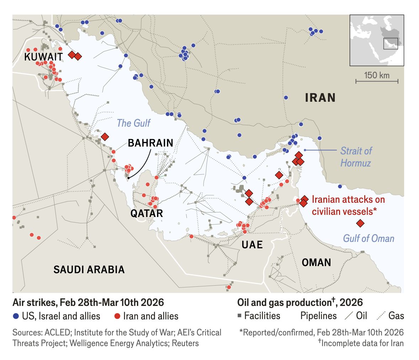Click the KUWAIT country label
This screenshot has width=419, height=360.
point(43,57)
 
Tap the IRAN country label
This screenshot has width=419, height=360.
point(320,98)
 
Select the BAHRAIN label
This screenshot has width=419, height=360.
point(150,143)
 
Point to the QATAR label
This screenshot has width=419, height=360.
point(147,213)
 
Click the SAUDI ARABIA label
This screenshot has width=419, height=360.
point(89,270)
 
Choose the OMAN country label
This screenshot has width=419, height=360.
point(316,263)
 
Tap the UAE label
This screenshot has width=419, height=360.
point(252,245)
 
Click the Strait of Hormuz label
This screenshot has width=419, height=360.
point(356,157)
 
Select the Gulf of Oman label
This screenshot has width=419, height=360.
point(368,238)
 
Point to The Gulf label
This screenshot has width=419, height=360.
point(134,123)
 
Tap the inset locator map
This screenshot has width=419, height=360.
point(377,40)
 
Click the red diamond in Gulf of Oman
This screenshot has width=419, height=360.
point(360,223)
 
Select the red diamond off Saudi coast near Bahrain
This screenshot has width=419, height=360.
point(105,137)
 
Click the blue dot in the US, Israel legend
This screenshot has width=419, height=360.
point(16,316)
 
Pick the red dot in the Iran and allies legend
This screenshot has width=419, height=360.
point(117,316)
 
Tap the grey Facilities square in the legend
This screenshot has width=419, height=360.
point(240,316)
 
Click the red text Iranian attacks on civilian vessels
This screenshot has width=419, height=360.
point(348,205)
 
